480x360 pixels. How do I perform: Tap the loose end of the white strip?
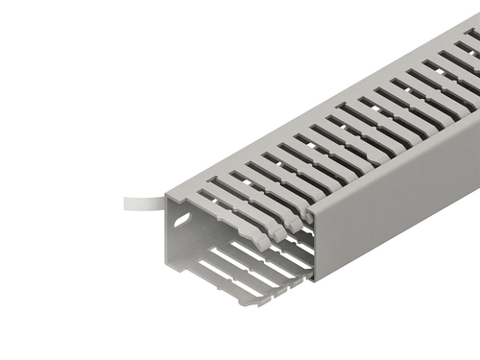click(x=127, y=204)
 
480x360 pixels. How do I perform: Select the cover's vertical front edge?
click(x=315, y=246)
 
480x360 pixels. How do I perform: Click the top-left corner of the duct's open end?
click(x=168, y=197)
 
